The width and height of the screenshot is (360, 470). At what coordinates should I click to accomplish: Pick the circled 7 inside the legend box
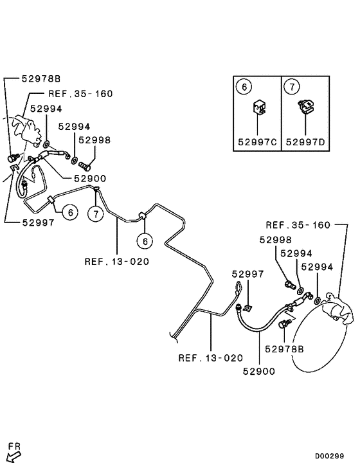[292, 86]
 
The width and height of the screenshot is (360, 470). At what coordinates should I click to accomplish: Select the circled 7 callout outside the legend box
[95, 213]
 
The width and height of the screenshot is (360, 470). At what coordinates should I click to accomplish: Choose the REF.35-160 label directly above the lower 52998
[298, 225]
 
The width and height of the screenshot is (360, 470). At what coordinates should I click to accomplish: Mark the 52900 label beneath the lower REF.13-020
[259, 371]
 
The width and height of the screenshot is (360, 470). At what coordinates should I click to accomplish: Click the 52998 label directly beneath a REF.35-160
[275, 240]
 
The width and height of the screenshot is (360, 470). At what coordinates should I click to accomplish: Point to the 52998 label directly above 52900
[94, 140]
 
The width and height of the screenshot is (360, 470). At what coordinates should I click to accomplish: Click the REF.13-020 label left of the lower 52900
[211, 357]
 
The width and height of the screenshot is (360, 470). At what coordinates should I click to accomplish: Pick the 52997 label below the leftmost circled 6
[37, 222]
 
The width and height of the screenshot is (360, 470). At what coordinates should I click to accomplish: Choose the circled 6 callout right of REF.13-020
[145, 240]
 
